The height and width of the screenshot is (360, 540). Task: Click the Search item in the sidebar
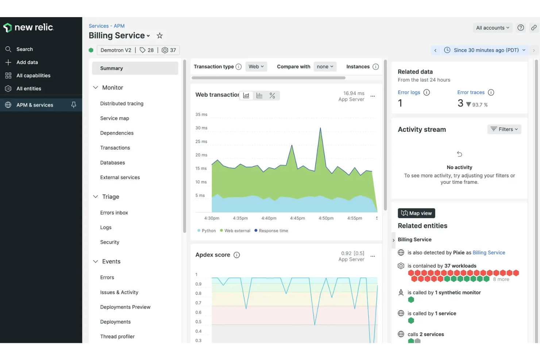point(24,49)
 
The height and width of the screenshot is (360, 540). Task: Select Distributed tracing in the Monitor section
point(121,104)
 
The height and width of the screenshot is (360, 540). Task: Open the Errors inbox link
point(114,213)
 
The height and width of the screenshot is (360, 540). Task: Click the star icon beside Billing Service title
point(159,36)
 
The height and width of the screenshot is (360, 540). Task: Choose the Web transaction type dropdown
point(256,67)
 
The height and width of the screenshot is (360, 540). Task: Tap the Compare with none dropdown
point(325,67)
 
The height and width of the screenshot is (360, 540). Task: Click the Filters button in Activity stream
point(504,129)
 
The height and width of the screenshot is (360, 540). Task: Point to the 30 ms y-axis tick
point(201,128)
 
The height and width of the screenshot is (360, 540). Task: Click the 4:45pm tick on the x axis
point(297,218)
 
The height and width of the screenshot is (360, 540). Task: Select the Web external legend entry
point(237,231)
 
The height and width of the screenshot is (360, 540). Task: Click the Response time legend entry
point(273,231)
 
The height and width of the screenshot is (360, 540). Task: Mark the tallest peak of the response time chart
point(320,128)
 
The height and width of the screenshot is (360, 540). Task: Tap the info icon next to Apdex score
point(237,255)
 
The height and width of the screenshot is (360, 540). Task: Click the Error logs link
point(409,93)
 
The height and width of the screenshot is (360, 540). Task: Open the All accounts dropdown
point(492,28)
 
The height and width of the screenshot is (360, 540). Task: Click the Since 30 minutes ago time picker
point(486,50)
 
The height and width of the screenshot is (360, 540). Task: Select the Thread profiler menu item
point(117,337)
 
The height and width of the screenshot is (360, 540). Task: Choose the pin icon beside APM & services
point(74,105)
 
